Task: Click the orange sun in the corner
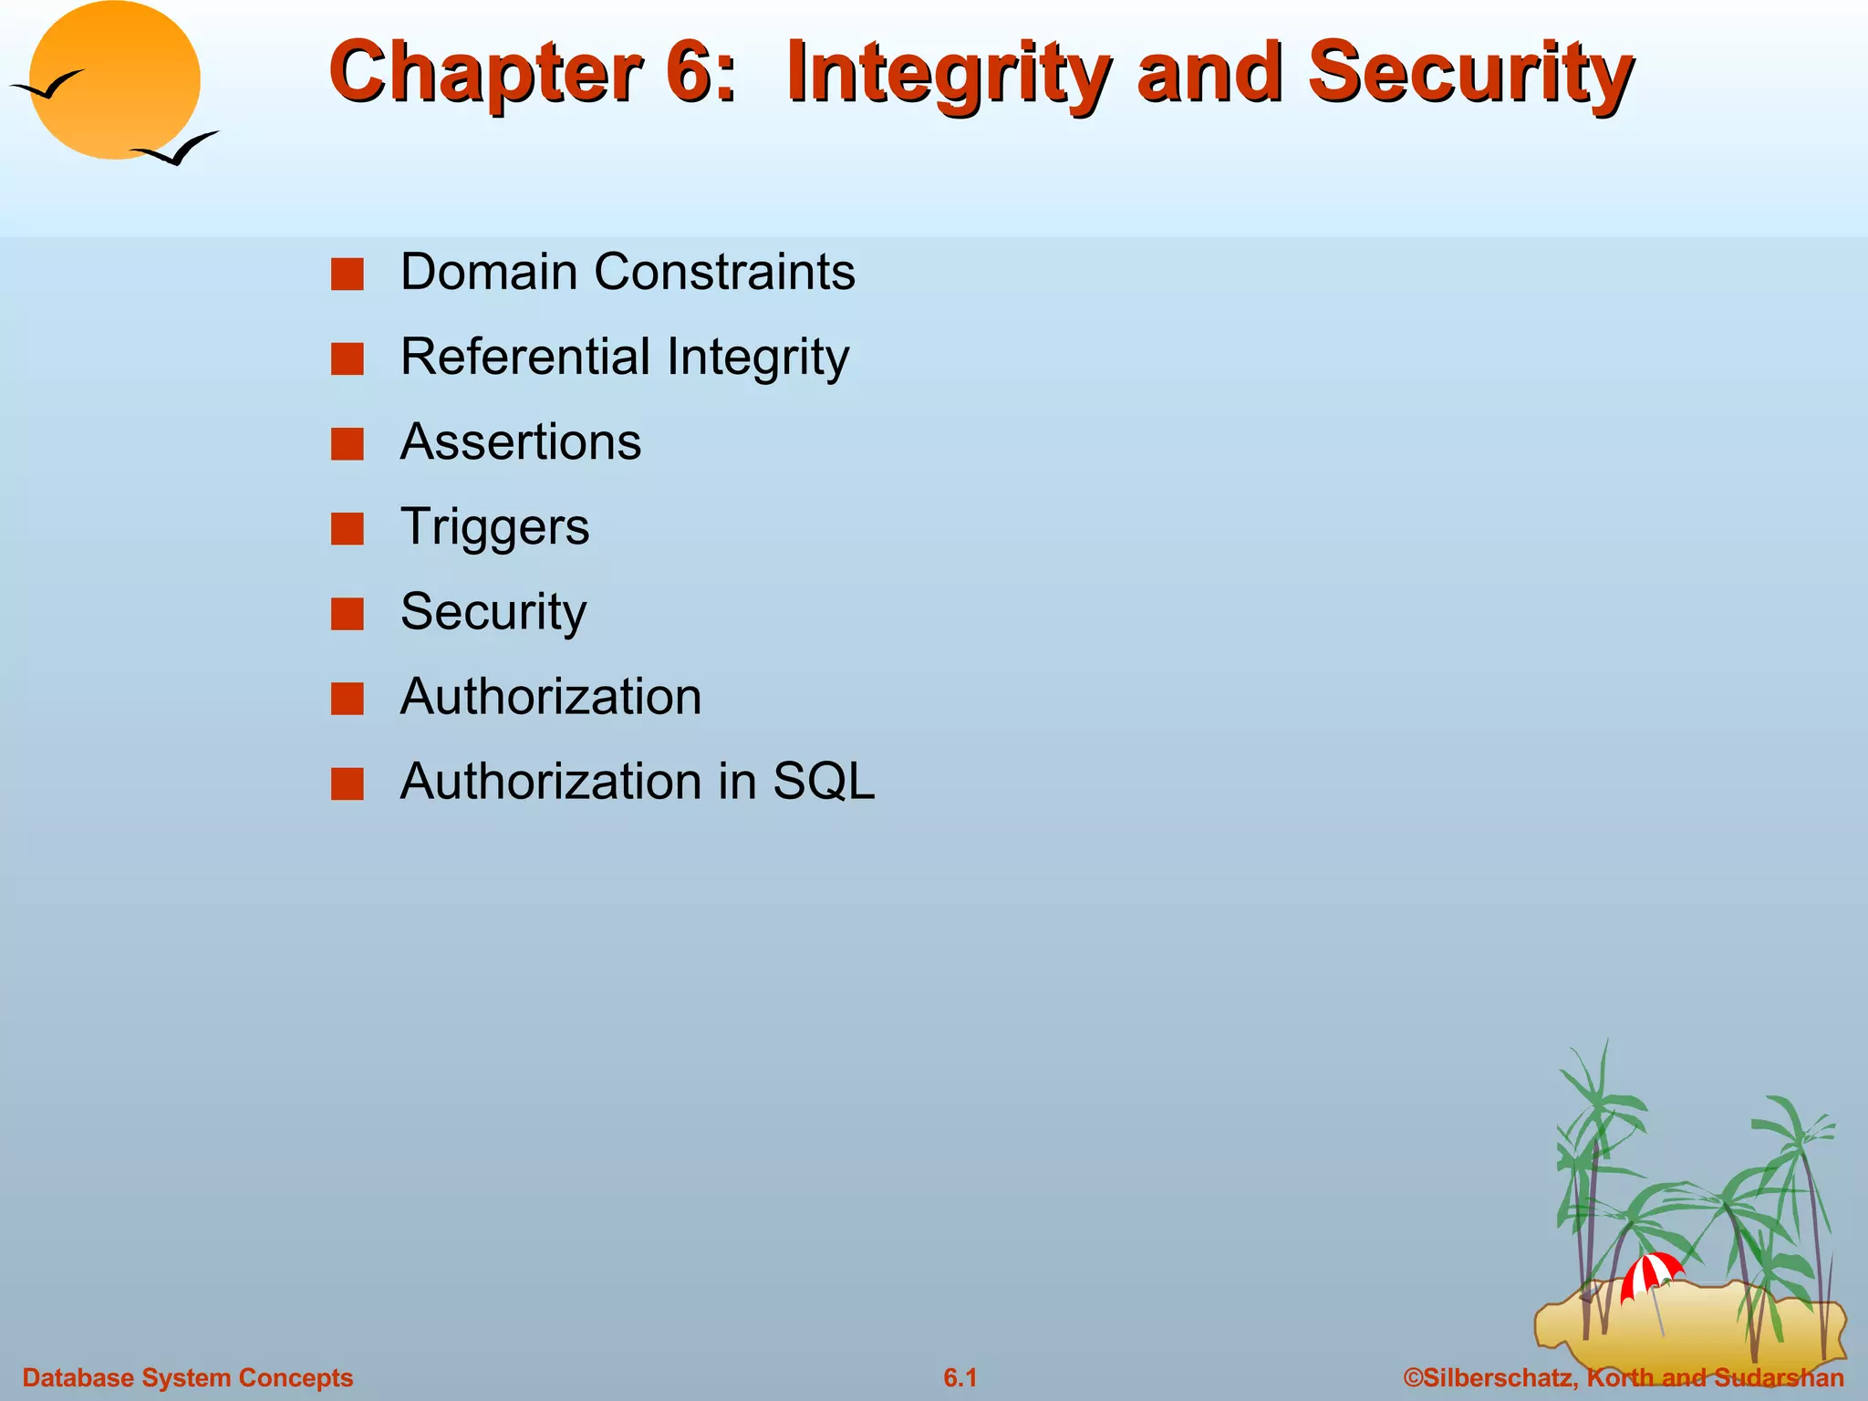pos(114,80)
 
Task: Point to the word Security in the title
pos(1469,73)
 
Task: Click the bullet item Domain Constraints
pos(628,272)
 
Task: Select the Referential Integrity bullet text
pos(625,357)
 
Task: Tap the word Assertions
pos(521,442)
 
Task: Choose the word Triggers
pos(495,527)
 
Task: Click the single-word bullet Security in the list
pos(493,612)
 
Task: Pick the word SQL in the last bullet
pos(824,782)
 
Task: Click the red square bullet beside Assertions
pos(348,444)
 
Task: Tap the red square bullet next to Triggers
pos(348,529)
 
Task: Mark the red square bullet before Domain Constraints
pos(348,274)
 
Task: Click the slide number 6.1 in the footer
pos(960,1377)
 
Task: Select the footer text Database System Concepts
pos(188,1377)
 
